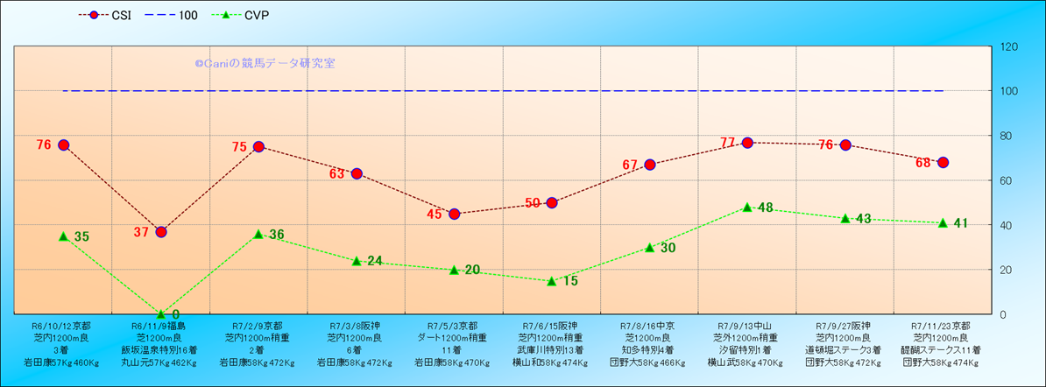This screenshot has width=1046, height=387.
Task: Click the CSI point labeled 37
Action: pos(161,232)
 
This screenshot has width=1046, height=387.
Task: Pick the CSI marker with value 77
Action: pos(747,143)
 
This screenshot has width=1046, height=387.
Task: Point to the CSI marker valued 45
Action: pos(454,214)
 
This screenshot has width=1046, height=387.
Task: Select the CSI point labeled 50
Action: pos(552,203)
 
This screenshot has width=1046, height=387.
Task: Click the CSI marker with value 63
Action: pos(357,173)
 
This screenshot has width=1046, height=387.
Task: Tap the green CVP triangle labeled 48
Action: pos(747,208)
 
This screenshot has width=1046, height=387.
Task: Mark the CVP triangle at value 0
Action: pos(161,313)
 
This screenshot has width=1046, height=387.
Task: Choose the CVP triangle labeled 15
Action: pos(552,281)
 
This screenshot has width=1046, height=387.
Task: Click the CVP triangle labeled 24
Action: pos(357,261)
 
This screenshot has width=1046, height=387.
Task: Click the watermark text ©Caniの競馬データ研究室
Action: pos(265,64)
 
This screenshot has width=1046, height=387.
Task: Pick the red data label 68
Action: pos(922,163)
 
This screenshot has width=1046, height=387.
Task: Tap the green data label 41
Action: pos(960,223)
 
